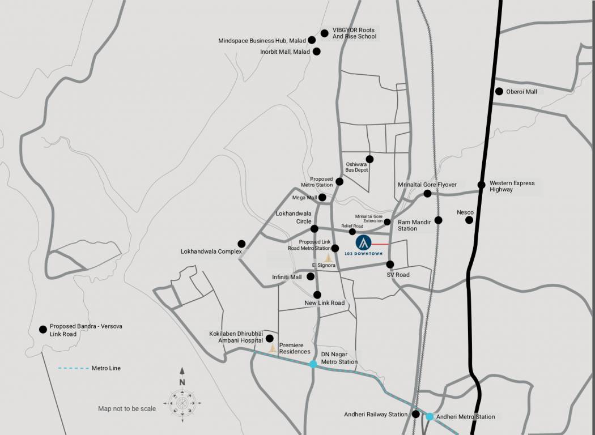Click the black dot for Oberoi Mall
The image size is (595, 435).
tap(499, 91)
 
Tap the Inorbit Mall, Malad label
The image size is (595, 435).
tap(285, 52)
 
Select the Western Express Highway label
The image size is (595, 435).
tap(512, 186)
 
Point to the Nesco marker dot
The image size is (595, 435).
tap(469, 220)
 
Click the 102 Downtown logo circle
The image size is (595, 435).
tap(363, 243)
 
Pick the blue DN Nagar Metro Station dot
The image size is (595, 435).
tap(313, 364)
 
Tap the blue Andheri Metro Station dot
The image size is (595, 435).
tap(430, 417)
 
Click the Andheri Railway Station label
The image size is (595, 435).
tap(376, 415)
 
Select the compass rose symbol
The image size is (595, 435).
tap(182, 403)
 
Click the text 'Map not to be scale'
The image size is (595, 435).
tap(127, 408)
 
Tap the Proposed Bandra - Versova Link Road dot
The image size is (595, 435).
tap(42, 329)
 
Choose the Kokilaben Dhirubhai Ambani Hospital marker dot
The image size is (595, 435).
tap(269, 339)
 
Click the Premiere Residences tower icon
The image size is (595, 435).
tap(273, 348)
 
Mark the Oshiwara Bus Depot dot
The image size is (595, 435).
tap(369, 159)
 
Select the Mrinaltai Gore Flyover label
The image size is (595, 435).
tap(427, 185)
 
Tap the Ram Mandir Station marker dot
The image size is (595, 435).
tap(438, 220)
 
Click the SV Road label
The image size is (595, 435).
tap(398, 275)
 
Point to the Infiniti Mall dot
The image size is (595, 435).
tap(311, 276)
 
